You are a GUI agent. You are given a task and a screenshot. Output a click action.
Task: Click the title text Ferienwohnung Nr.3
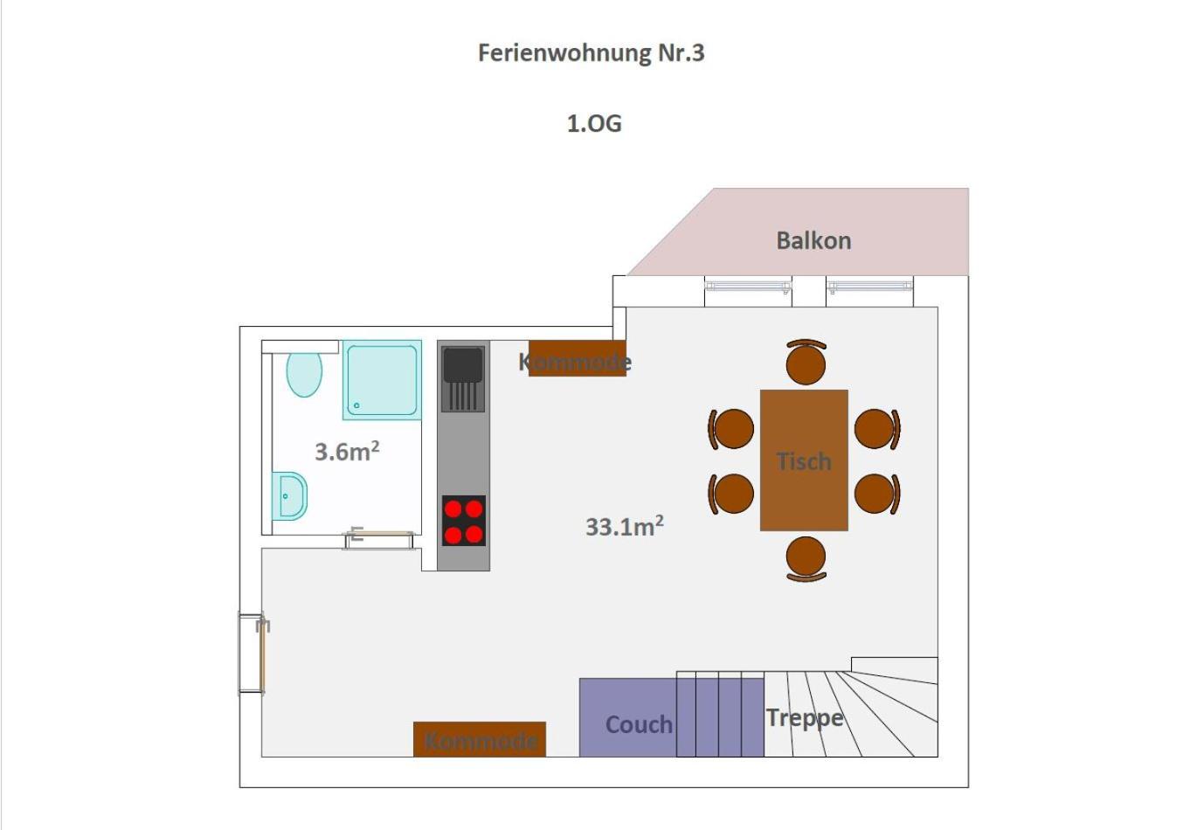pyautogui.click(x=591, y=53)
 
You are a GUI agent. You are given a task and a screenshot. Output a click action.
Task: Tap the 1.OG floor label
pyautogui.click(x=595, y=123)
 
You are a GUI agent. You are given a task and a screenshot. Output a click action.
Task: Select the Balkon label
pyautogui.click(x=813, y=241)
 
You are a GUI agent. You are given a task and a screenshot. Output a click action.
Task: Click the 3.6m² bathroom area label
pyautogui.click(x=347, y=452)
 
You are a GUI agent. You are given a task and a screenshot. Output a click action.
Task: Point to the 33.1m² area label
pyautogui.click(x=625, y=527)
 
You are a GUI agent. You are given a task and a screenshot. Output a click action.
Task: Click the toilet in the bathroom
pyautogui.click(x=304, y=372)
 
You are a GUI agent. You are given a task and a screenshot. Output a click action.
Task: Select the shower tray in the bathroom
pyautogui.click(x=382, y=380)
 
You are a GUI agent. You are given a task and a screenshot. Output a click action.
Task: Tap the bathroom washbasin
pyautogui.click(x=289, y=495)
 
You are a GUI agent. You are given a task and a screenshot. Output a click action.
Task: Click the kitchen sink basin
pyautogui.click(x=463, y=364)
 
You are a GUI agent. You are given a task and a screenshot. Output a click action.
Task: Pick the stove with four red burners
pyautogui.click(x=464, y=521)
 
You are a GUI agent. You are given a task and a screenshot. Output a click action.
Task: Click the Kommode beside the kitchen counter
pyautogui.click(x=578, y=358)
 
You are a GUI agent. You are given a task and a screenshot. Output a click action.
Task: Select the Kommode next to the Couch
pyautogui.click(x=480, y=739)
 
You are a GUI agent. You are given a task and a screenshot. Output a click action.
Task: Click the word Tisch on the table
pyautogui.click(x=805, y=461)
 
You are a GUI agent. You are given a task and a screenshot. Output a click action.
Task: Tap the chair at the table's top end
pyautogui.click(x=806, y=361)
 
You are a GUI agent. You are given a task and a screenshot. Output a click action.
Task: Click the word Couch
pyautogui.click(x=639, y=724)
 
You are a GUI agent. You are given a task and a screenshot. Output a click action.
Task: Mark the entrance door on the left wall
pyautogui.click(x=252, y=654)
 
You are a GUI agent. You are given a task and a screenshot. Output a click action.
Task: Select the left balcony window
pyautogui.click(x=749, y=287)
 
